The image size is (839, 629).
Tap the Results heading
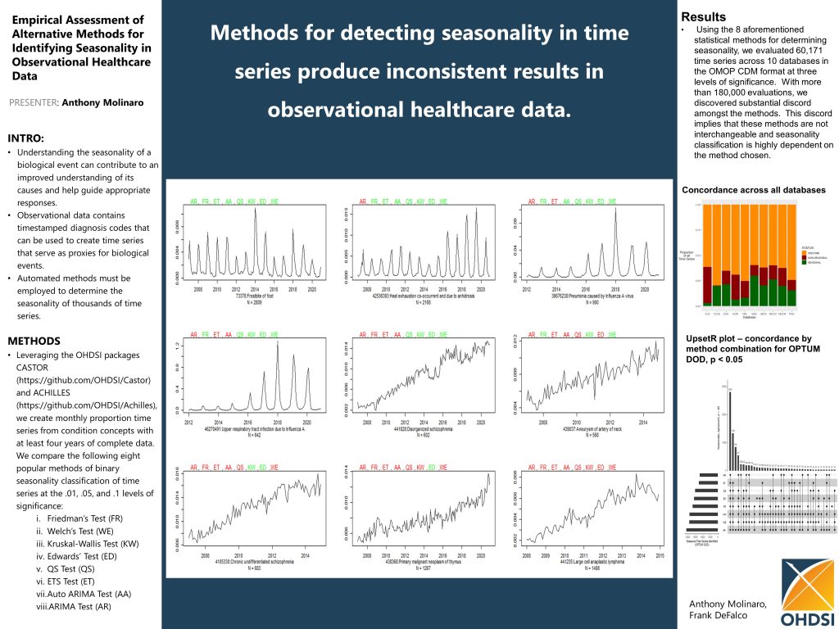tap(703, 17)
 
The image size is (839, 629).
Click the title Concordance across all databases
tap(754, 190)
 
